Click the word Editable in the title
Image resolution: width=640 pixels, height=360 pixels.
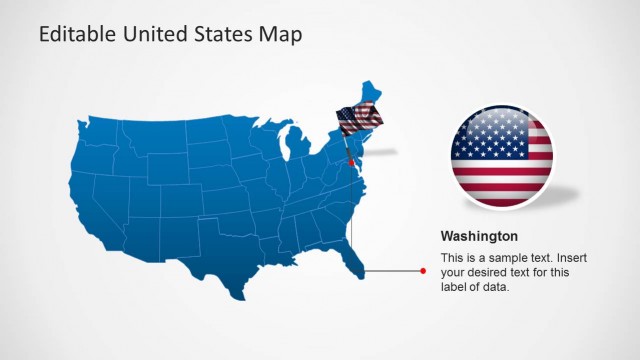pos(74,35)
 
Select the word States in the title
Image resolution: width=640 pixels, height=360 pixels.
pos(226,35)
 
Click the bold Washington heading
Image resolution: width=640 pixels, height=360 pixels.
pos(479,237)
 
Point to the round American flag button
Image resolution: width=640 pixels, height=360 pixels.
pos(501,154)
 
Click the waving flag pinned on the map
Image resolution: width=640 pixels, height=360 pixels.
pos(359,120)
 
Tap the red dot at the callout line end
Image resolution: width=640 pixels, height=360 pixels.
pos(423,271)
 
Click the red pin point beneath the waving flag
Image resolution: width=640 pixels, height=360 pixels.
pos(351,163)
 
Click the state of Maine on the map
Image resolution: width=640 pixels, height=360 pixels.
pos(371,95)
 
